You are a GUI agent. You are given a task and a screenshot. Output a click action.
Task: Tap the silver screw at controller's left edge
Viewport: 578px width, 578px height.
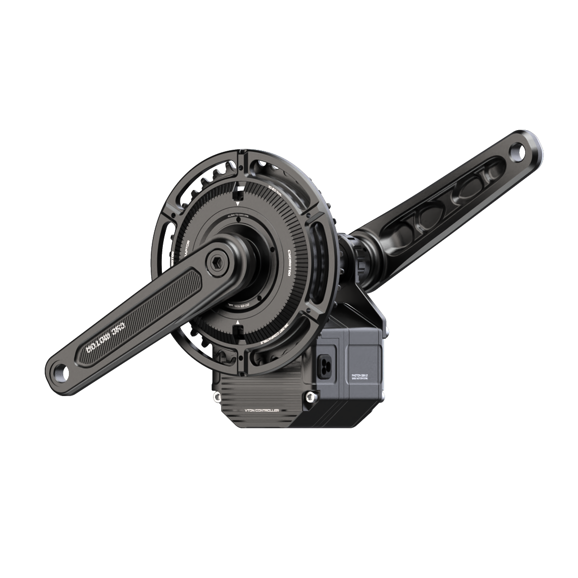click(217, 398)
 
